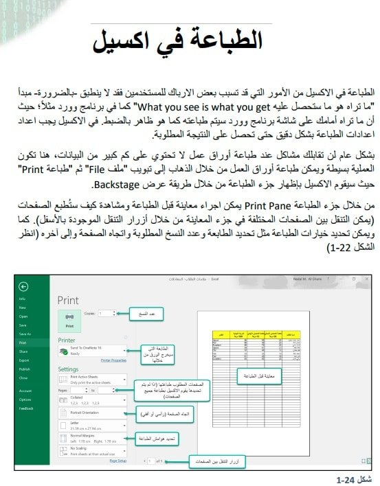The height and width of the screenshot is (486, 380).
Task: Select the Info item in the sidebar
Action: pyautogui.click(x=22, y=299)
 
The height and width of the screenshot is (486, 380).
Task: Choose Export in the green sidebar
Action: pyautogui.click(x=24, y=359)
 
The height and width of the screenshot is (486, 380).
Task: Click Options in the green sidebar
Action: pyautogui.click(x=25, y=399)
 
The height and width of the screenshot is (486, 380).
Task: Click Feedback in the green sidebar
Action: pyautogui.click(x=26, y=407)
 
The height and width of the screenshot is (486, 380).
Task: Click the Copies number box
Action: pyautogui.click(x=107, y=314)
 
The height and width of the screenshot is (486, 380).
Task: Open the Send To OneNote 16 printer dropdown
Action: pyautogui.click(x=89, y=350)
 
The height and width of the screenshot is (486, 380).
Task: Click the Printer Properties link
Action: pyautogui.click(x=113, y=359)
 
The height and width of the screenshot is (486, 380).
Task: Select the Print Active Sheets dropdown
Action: pyautogui.click(x=89, y=379)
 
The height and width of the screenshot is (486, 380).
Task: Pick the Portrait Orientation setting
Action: pyautogui.click(x=89, y=413)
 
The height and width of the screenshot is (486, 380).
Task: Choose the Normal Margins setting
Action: pyautogui.click(x=89, y=437)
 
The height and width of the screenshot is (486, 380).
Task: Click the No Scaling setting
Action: pyautogui.click(x=89, y=452)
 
